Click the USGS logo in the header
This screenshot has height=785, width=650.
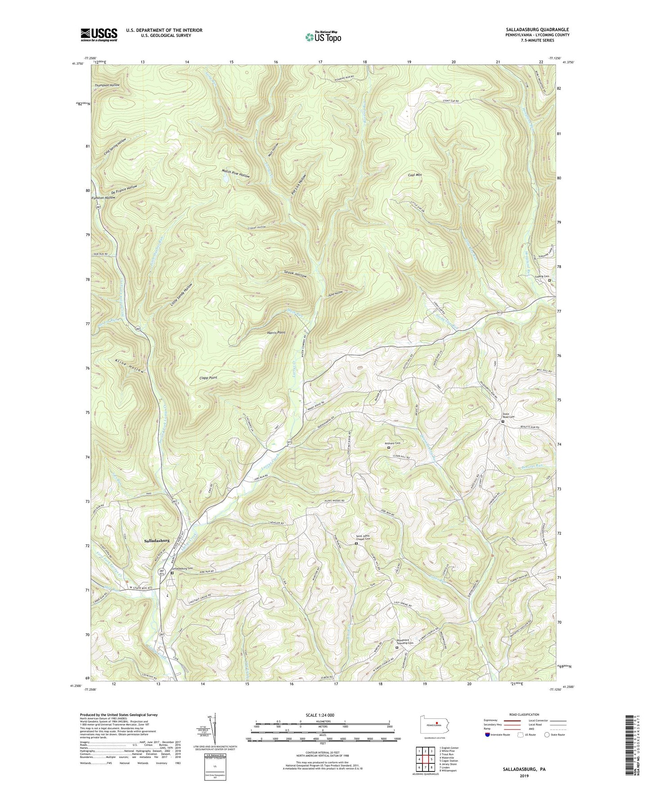[x=99, y=35]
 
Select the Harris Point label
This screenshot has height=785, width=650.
[x=276, y=332]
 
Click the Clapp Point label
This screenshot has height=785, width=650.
[x=208, y=378]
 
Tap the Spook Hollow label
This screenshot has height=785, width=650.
[x=296, y=274]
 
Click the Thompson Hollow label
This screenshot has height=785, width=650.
[x=107, y=85]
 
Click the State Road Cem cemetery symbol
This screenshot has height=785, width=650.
[x=503, y=421]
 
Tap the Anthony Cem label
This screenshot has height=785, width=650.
[x=393, y=443]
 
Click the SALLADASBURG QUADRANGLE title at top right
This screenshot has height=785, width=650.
[x=530, y=30]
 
